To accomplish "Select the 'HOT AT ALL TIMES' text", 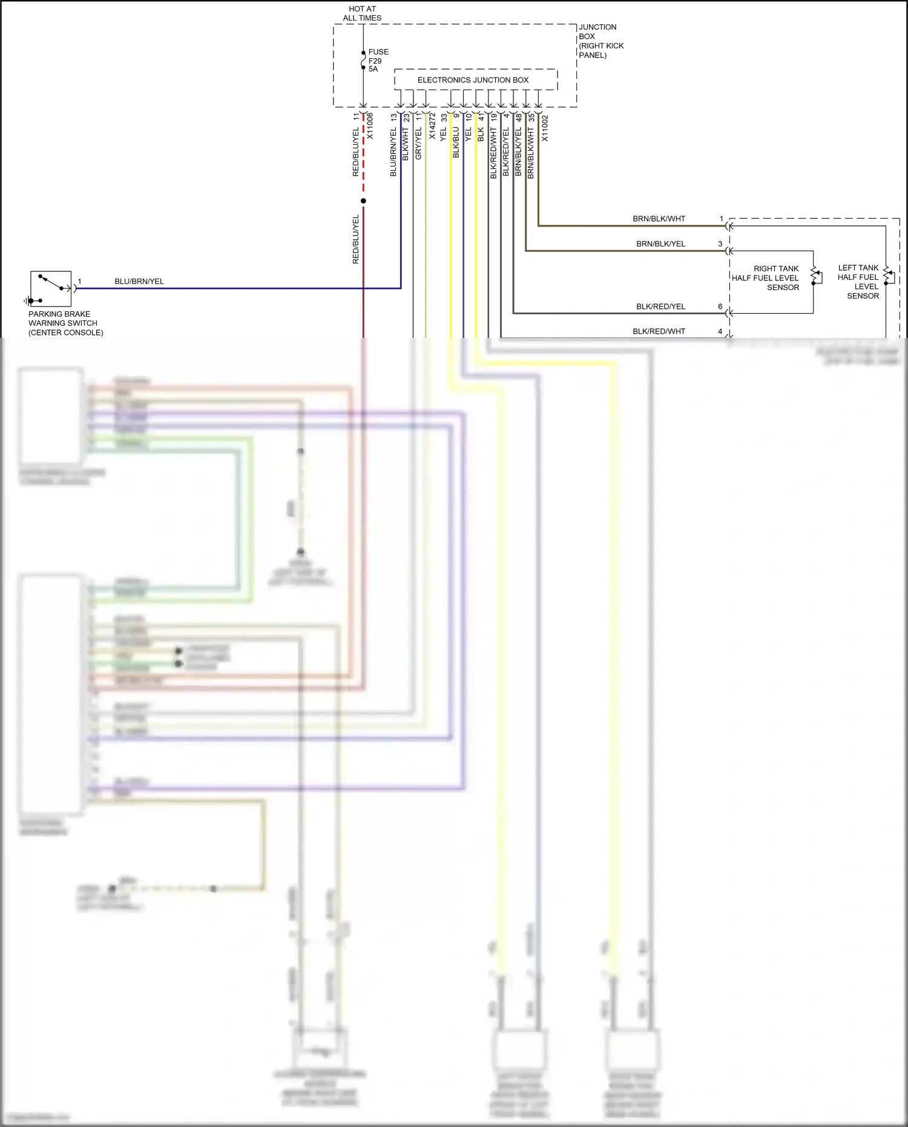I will (362, 13).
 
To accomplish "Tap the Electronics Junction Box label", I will (473, 80).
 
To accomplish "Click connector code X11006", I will (370, 126).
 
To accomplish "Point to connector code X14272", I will (432, 126).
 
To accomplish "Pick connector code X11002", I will (544, 128).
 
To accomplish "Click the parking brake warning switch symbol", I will (51, 289).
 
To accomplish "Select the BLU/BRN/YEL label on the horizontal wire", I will (139, 282).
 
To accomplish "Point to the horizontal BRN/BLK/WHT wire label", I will (659, 219).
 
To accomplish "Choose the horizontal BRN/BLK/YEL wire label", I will (660, 244).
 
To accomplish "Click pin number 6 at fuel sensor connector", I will (720, 306).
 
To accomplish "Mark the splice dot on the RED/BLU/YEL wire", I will (363, 201).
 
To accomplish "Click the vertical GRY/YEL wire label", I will (418, 144).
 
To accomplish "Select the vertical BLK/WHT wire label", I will (406, 144).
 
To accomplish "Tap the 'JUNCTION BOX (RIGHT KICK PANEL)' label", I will (600, 41).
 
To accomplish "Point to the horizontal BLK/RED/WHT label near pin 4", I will (659, 331).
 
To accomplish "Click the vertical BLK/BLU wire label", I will (456, 142).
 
